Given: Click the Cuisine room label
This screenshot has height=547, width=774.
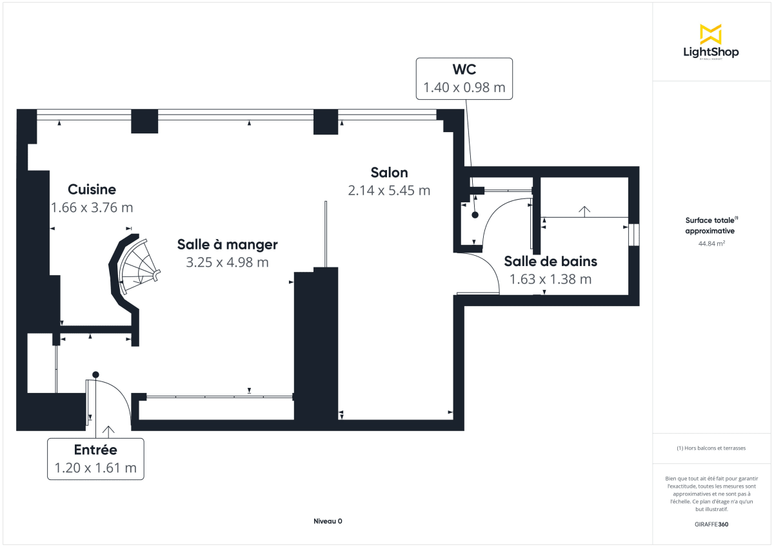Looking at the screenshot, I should (x=92, y=189).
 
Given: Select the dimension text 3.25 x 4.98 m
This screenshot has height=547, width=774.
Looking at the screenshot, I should (x=227, y=262).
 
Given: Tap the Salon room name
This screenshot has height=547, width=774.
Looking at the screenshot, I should (x=389, y=173).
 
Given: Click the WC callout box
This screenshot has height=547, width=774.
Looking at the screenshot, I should (x=464, y=78).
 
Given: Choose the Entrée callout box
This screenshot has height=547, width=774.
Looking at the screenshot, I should (x=95, y=459).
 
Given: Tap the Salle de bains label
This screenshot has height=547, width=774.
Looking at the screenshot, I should (x=550, y=261).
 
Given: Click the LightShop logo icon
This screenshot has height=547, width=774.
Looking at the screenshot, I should (x=711, y=34).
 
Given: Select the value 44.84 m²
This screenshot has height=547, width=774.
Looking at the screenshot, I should (x=710, y=244).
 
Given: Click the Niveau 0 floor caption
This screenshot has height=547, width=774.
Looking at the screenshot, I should (x=328, y=521).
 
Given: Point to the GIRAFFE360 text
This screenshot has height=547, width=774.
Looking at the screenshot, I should (x=710, y=524).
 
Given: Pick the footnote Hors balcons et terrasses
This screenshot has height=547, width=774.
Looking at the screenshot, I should (x=710, y=448).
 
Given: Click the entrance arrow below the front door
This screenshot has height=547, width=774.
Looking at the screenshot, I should (x=108, y=431).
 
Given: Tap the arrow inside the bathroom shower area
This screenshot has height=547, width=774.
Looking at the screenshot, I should (x=584, y=211).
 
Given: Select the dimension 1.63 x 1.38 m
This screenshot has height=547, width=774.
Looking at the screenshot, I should (x=550, y=279).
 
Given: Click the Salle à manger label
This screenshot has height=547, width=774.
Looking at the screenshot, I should (x=227, y=245).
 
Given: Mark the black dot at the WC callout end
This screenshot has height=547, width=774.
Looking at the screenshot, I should (x=475, y=216).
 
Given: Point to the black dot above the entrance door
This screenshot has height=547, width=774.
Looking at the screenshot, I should (x=95, y=374).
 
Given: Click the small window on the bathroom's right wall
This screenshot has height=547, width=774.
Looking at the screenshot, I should (x=633, y=235).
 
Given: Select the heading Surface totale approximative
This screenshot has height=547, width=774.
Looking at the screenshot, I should (x=710, y=225).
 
